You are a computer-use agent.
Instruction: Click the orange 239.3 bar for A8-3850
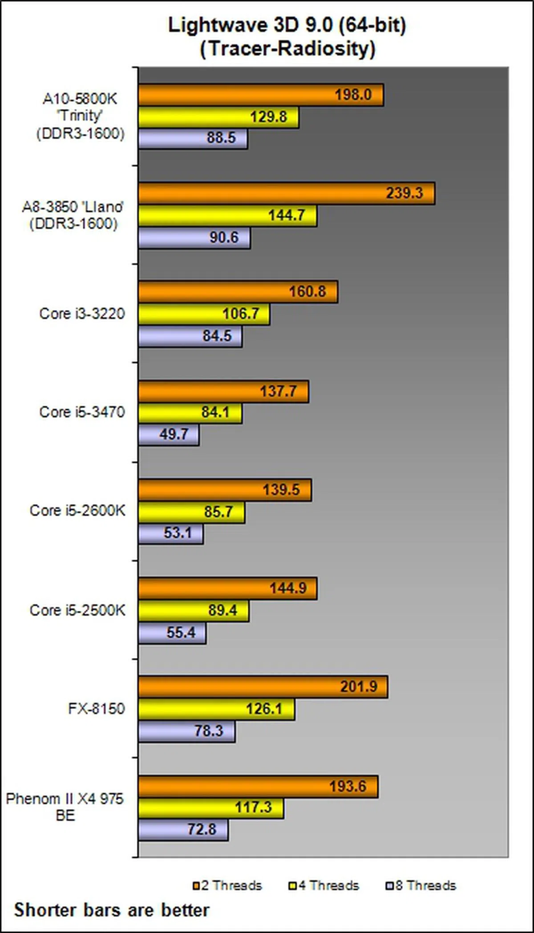click(x=285, y=194)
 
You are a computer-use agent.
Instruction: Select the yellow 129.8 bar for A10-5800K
click(x=218, y=117)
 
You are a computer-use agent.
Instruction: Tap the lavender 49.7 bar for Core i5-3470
click(x=168, y=435)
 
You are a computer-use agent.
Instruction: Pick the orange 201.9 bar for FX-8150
click(x=263, y=687)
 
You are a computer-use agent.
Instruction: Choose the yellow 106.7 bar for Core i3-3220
click(x=203, y=314)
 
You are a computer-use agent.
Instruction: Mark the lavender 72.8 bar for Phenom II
click(x=183, y=830)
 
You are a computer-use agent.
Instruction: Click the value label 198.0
click(x=353, y=95)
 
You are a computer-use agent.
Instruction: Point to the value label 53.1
click(x=178, y=533)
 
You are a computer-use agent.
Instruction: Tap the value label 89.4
click(x=222, y=610)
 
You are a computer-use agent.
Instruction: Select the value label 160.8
click(x=307, y=292)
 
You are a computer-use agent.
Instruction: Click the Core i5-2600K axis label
click(x=77, y=510)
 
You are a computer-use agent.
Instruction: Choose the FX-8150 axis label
click(x=97, y=708)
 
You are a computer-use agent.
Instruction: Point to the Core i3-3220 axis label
click(x=82, y=314)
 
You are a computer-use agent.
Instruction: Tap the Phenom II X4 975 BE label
click(x=65, y=807)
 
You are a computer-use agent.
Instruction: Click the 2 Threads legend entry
click(x=227, y=885)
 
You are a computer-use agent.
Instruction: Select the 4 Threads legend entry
click(x=324, y=885)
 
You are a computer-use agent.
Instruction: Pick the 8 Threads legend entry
click(x=421, y=885)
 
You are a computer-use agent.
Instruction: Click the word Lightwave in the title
click(x=217, y=25)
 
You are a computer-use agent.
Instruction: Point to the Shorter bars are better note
click(x=112, y=910)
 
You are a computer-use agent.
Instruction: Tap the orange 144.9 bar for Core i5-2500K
click(x=227, y=588)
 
